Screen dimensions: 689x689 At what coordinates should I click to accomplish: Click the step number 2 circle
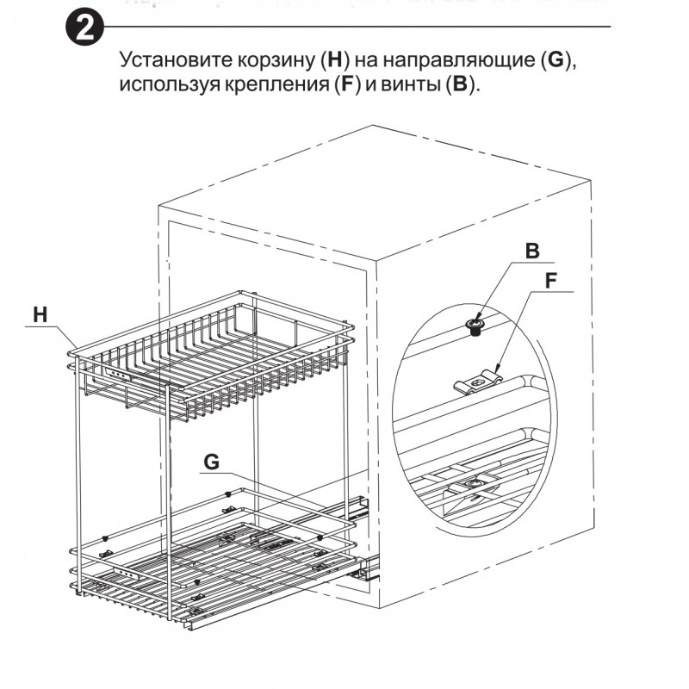[85, 30]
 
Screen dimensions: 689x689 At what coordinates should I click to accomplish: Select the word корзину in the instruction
[274, 63]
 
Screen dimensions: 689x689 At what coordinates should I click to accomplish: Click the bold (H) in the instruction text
[334, 63]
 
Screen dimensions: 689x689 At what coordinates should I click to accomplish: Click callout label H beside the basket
[40, 315]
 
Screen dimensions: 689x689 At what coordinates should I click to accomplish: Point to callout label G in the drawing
[212, 462]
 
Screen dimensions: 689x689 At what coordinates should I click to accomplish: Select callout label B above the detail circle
[531, 251]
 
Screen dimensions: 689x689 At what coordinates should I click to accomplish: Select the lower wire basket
[215, 560]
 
